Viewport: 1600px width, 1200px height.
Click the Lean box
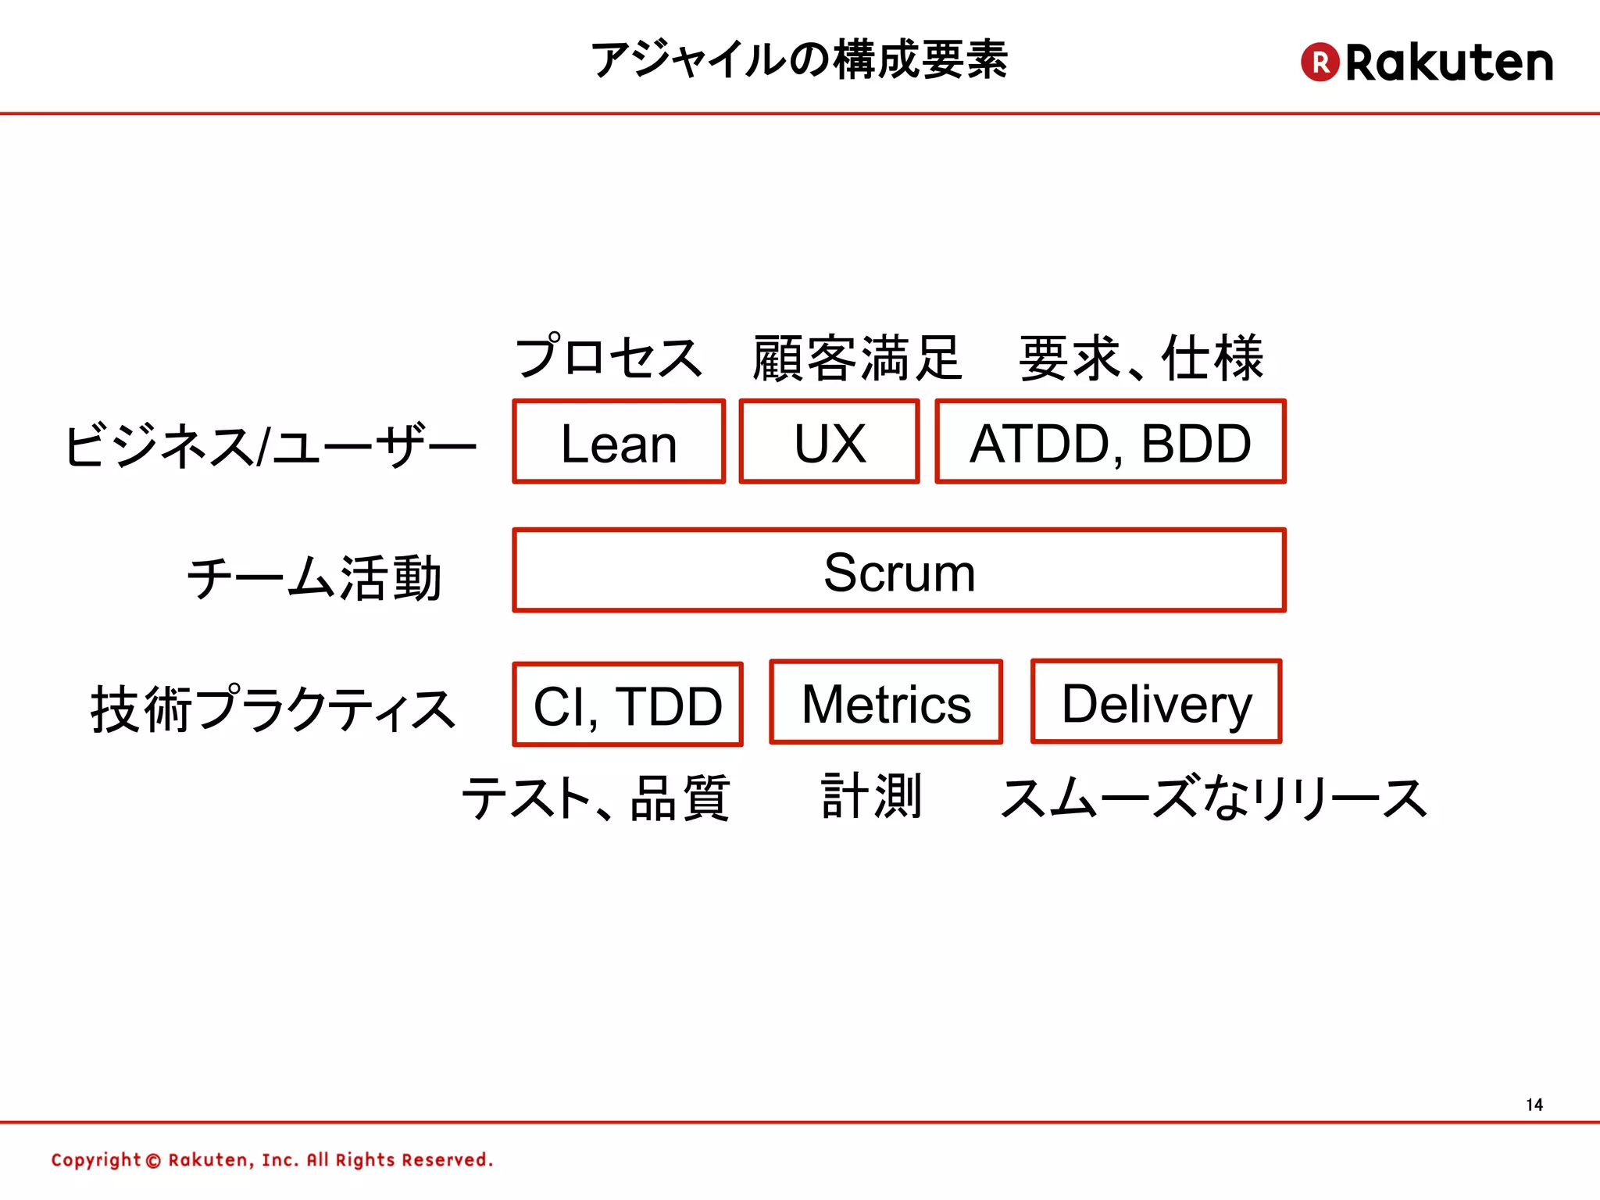pos(619,442)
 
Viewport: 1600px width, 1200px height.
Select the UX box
pos(829,442)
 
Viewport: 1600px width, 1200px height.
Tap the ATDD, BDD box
pos(1110,442)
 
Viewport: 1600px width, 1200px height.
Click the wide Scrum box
pos(898,571)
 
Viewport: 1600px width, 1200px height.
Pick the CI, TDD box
pos(627,705)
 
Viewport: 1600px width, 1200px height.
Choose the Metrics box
pos(886,702)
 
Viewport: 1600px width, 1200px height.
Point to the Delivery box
pos(1156,702)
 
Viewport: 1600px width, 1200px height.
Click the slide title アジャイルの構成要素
pos(799,60)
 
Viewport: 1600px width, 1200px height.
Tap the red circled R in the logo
pos(1320,62)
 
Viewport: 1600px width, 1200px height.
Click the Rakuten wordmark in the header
pos(1449,62)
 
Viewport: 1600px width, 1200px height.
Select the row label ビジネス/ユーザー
pos(270,445)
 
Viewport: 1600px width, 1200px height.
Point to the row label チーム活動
pos(314,578)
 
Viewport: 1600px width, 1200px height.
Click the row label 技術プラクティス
pos(273,709)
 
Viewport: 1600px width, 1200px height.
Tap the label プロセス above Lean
pos(609,358)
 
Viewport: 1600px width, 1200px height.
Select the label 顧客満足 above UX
pos(857,359)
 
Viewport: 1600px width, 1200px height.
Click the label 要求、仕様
pos(1141,359)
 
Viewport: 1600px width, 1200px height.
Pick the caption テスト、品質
pos(595,798)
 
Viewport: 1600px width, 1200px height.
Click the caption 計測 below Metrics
pos(872,796)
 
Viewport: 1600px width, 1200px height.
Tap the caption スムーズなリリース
pos(1213,798)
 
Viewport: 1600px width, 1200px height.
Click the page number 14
pos(1534,1105)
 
